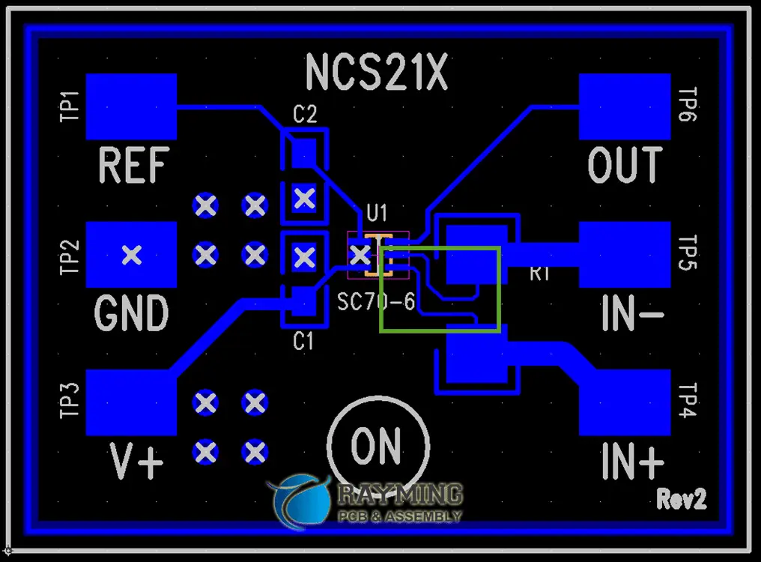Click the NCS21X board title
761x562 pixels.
(376, 73)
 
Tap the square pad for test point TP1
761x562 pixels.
(131, 106)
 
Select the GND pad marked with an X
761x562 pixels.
(131, 255)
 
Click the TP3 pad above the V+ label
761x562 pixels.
(131, 402)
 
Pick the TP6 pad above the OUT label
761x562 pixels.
(625, 106)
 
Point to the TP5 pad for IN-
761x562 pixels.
(625, 255)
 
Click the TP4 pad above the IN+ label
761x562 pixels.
(625, 402)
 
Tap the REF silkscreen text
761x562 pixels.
(134, 166)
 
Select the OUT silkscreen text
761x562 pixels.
(625, 166)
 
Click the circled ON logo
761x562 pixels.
(377, 446)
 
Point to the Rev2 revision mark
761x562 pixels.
(682, 498)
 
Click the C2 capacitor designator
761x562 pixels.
(304, 115)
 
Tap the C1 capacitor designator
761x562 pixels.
(303, 342)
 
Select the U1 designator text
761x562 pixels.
(376, 214)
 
